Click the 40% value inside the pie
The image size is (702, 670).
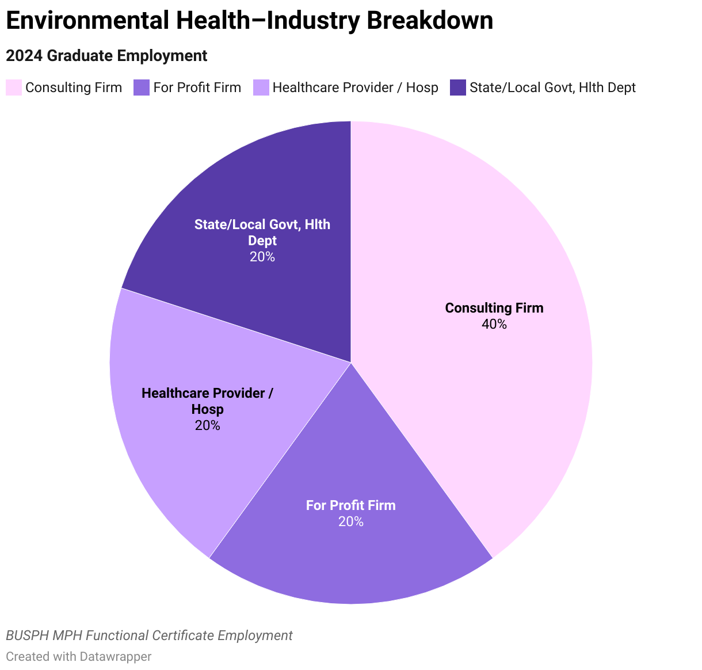494,325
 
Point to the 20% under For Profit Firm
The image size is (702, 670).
350,522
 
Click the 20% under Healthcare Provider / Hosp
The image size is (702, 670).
207,426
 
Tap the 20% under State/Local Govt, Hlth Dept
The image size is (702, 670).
262,257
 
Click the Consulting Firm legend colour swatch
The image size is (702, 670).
14,87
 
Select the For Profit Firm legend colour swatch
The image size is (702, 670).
142,87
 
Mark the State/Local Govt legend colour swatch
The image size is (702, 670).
458,87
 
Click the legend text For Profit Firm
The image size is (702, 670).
197,87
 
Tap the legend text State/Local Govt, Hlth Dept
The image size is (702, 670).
552,87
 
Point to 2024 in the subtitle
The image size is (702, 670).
24,56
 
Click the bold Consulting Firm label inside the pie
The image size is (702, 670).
494,308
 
